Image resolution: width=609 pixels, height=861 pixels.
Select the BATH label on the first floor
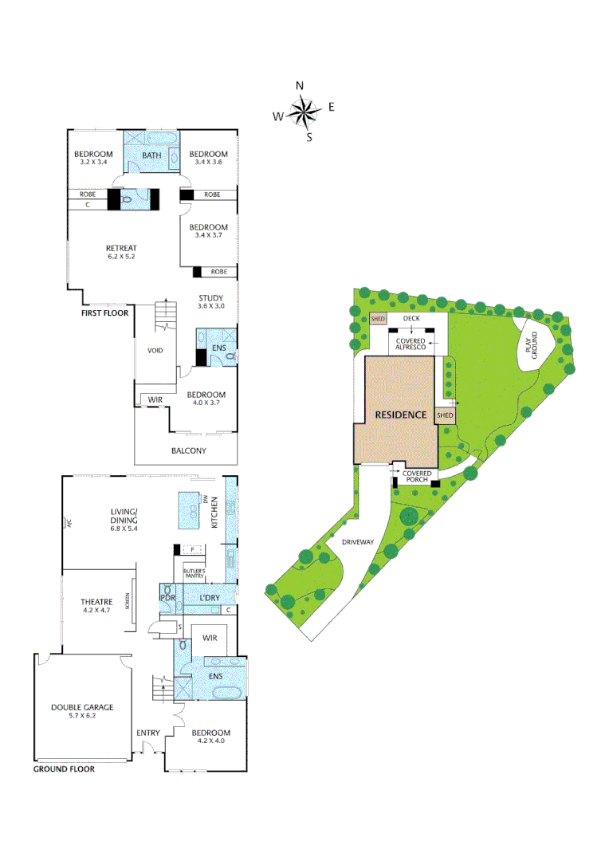[152, 155]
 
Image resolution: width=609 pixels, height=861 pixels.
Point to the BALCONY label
[189, 450]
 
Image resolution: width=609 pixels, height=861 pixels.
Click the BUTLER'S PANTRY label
[195, 572]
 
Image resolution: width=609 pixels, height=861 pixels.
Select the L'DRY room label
[198, 597]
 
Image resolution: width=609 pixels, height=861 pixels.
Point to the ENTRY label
[148, 733]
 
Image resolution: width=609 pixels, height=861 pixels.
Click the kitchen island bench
[190, 506]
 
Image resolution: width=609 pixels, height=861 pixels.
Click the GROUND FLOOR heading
[64, 769]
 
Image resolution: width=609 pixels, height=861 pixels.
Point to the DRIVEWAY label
[358, 542]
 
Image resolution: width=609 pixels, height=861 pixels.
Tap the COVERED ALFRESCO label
[411, 344]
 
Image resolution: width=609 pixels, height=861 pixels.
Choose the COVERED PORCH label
[417, 476]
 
